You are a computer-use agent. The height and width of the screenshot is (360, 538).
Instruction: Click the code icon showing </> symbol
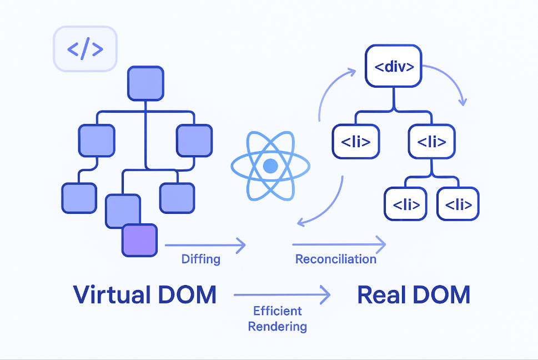click(85, 49)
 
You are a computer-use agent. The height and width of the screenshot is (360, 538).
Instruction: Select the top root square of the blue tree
click(145, 83)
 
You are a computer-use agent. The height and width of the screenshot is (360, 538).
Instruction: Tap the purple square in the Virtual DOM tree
click(140, 240)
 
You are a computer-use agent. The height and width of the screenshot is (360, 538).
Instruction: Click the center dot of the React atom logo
click(270, 166)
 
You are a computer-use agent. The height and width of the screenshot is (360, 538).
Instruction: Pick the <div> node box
click(394, 67)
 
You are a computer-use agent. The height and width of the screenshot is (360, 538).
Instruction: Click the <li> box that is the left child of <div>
click(355, 142)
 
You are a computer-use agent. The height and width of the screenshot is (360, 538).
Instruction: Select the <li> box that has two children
click(431, 142)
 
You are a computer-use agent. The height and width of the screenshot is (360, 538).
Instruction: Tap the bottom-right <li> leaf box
click(457, 204)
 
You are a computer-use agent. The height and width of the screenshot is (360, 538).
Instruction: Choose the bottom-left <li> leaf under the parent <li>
click(406, 204)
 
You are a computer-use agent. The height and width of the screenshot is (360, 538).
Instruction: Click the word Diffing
click(200, 259)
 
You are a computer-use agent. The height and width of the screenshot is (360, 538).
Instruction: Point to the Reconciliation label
click(335, 259)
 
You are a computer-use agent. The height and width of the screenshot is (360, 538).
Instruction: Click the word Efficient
click(277, 311)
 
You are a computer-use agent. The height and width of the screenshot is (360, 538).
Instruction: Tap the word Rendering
click(277, 326)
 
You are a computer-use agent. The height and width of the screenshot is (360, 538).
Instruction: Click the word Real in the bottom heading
click(380, 294)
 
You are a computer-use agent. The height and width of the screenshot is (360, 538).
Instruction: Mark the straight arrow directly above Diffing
click(205, 244)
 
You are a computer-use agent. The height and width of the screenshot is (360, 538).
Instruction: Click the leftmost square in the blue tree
click(78, 197)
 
